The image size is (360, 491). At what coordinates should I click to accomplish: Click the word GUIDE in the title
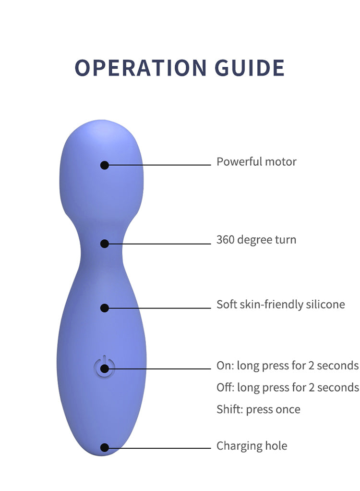[x=250, y=68]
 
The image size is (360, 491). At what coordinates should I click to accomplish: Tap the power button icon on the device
[x=105, y=367]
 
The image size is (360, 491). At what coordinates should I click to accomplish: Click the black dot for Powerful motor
[x=105, y=165]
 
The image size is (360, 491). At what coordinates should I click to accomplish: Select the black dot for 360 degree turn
[x=105, y=244]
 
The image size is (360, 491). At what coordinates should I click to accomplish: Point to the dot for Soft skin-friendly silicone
[x=105, y=308]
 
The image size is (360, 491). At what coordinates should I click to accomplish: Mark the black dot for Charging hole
[x=105, y=448]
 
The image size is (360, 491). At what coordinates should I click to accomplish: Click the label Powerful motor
[x=256, y=161]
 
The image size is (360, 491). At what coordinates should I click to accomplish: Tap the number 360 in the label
[x=225, y=240]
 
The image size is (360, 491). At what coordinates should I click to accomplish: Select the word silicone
[x=325, y=305]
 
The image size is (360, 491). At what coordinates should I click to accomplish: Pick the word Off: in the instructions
[x=225, y=387]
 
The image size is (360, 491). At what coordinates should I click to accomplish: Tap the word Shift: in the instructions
[x=230, y=409]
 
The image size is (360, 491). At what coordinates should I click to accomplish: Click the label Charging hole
[x=252, y=445]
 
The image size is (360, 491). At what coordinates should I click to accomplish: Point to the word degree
[x=254, y=241]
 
